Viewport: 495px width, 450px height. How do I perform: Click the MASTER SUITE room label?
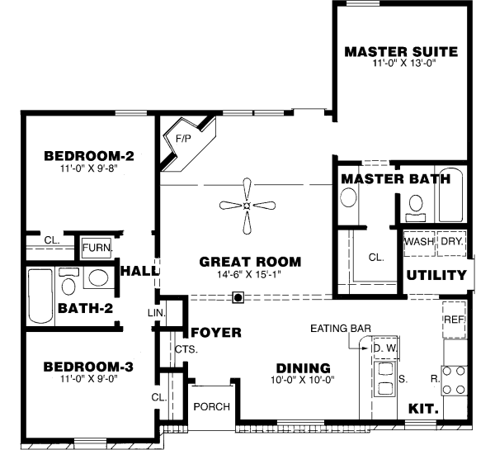pos(400,51)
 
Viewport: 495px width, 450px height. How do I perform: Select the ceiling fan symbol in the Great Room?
pos(247,206)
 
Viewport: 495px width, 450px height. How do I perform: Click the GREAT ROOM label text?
pos(250,262)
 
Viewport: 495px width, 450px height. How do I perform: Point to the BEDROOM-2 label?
pos(88,155)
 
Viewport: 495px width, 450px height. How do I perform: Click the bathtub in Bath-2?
pos(40,296)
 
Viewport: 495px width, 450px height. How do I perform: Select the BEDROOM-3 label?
pos(88,366)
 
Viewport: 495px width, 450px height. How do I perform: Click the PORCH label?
pos(211,407)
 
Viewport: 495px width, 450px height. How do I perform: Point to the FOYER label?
pos(216,333)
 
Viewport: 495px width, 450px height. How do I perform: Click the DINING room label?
pos(303,368)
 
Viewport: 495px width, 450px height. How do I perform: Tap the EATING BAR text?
pos(340,329)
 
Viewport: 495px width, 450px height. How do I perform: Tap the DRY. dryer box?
pos(450,243)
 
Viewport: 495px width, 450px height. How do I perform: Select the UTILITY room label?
pos(436,276)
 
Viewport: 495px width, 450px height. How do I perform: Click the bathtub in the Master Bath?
pos(452,195)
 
